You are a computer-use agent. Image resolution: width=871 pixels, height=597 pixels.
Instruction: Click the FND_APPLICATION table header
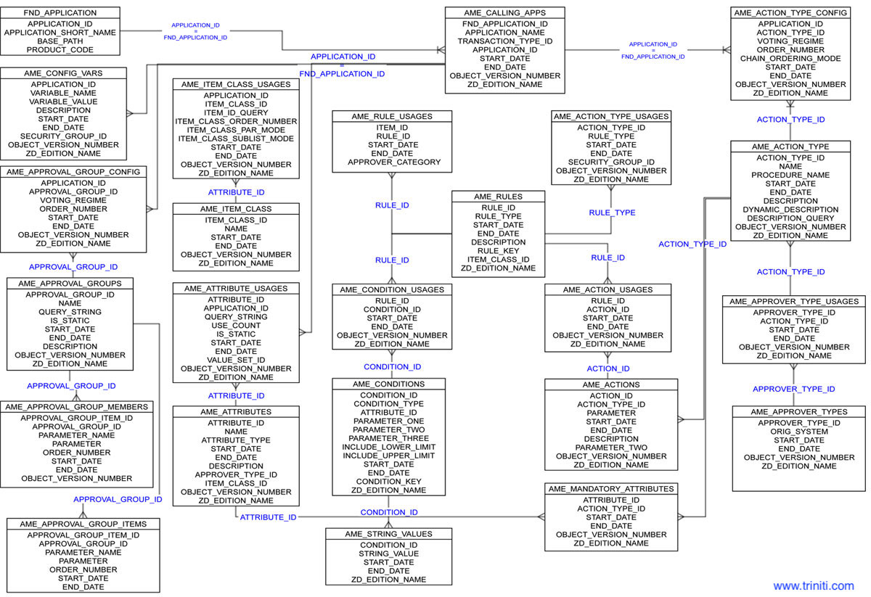click(60, 12)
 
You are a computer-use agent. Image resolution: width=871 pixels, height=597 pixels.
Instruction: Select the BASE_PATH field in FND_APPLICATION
click(60, 41)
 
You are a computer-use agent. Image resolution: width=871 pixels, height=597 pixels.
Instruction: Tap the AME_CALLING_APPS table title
click(504, 12)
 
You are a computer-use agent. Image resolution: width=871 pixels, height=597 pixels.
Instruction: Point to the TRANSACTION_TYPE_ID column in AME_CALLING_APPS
click(504, 41)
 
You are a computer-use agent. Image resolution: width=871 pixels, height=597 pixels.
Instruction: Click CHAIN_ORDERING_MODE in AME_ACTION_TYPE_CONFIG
click(790, 59)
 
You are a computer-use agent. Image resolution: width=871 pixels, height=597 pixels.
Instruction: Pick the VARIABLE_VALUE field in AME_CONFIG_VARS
click(63, 102)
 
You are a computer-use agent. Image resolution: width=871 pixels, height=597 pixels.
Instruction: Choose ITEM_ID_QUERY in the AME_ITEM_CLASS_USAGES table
click(236, 112)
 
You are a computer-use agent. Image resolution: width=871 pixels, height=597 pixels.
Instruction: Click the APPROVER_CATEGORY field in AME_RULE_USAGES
click(394, 162)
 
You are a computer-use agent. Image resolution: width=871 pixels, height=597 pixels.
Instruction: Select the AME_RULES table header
click(497, 197)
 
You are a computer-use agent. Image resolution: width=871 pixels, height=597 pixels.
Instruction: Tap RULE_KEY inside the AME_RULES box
click(497, 251)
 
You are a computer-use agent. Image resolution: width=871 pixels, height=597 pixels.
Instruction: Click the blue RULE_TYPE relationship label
click(612, 213)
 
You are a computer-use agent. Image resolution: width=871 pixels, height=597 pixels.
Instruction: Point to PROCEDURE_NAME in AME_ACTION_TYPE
click(790, 175)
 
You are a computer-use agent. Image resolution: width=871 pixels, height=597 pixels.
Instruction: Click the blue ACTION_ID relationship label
click(608, 369)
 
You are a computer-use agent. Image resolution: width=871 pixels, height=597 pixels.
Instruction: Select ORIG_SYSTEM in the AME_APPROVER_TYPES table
click(799, 432)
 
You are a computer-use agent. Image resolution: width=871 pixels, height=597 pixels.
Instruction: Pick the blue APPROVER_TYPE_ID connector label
click(793, 390)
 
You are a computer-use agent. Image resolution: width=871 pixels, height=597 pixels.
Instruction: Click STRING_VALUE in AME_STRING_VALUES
click(388, 554)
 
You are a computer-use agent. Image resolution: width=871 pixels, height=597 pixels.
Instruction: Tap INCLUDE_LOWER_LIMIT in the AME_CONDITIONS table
click(388, 447)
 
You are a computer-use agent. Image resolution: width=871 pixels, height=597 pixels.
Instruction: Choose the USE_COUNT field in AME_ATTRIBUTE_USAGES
click(236, 326)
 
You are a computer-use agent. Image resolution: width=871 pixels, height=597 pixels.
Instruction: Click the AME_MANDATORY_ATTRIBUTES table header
click(611, 489)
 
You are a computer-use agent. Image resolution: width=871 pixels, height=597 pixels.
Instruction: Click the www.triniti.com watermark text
click(813, 585)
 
